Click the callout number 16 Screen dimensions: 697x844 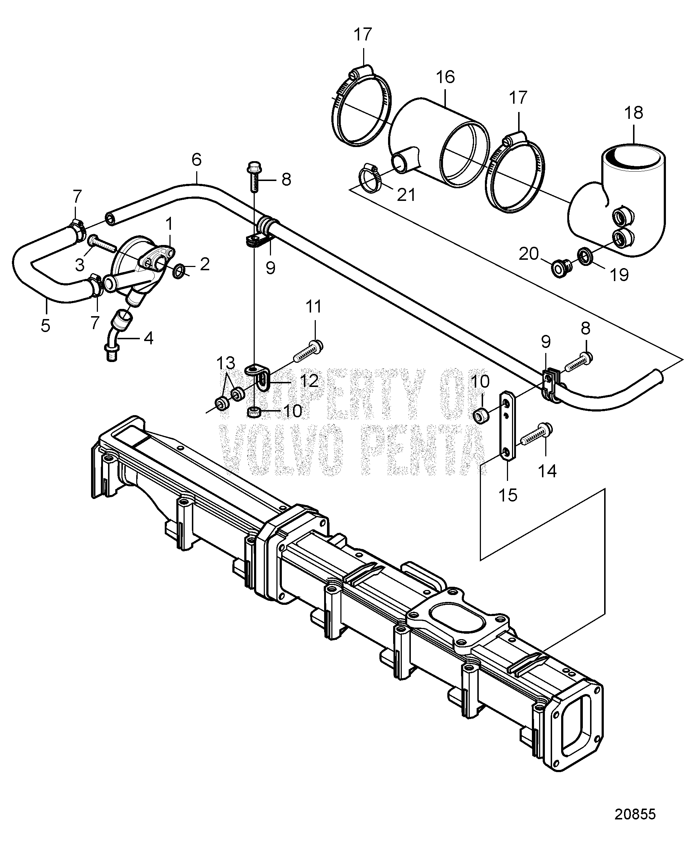coord(445,77)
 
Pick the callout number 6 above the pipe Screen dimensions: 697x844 coord(196,160)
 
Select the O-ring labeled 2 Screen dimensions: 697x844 coord(178,271)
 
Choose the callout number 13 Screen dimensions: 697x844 coord(225,364)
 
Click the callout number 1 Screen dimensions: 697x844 coord(169,224)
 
